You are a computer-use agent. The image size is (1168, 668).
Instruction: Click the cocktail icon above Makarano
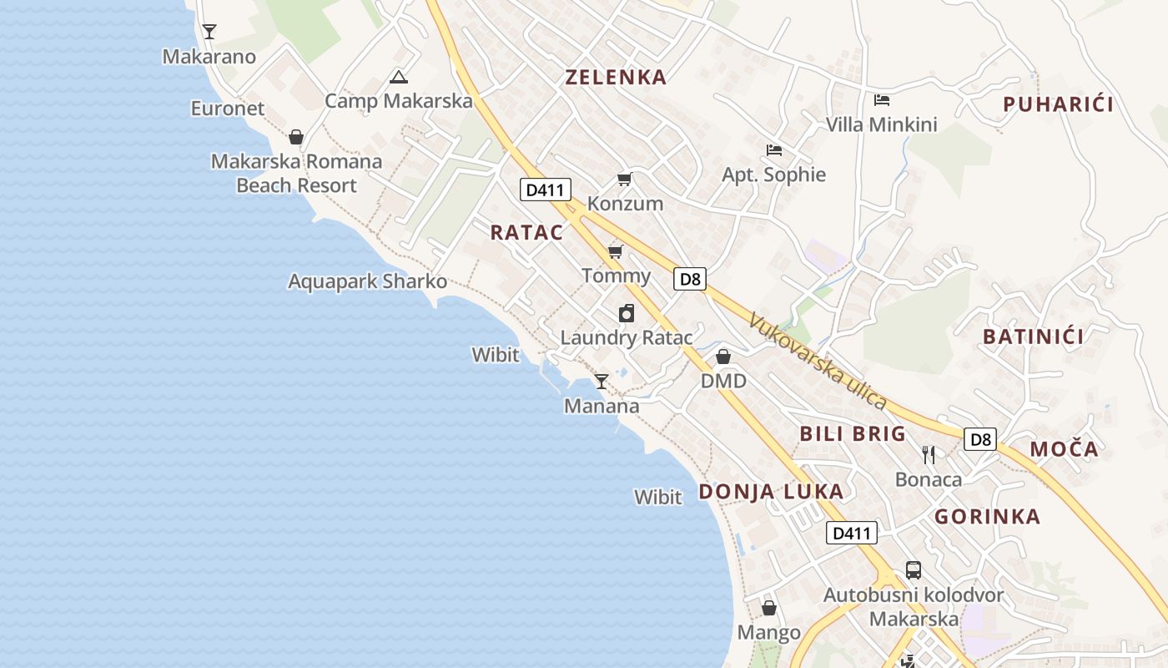coord(209,32)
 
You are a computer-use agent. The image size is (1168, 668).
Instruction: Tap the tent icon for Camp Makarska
coord(398,78)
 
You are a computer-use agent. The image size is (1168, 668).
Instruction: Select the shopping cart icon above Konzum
coord(624,179)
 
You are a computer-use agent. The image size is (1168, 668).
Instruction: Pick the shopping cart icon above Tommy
coord(616,251)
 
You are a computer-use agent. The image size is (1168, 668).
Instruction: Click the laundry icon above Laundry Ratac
coord(627,313)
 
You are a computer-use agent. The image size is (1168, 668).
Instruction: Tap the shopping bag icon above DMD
coord(723,357)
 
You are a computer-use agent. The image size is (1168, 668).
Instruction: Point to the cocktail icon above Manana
coord(601,382)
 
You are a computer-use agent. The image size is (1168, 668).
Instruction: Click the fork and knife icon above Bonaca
coord(929,454)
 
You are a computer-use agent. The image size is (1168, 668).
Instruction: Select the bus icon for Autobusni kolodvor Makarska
coord(914,571)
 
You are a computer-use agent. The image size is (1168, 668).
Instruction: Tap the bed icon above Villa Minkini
coord(881,100)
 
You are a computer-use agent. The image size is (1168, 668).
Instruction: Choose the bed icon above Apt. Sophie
coord(774,150)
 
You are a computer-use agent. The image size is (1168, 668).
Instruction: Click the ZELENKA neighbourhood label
coord(616,78)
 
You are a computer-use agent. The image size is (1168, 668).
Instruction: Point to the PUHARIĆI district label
coord(1059,104)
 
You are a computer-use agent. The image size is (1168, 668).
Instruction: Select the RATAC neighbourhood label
coord(526,233)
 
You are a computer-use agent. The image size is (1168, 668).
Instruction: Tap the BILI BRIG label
coord(853,433)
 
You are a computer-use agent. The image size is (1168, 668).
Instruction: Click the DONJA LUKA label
coord(771,492)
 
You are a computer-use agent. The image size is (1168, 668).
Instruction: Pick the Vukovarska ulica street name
coord(818,361)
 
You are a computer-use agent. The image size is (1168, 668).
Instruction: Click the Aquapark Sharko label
coord(368,281)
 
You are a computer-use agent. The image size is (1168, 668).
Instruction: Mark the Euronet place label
coord(228,109)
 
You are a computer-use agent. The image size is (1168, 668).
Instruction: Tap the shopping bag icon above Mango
coord(769,608)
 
